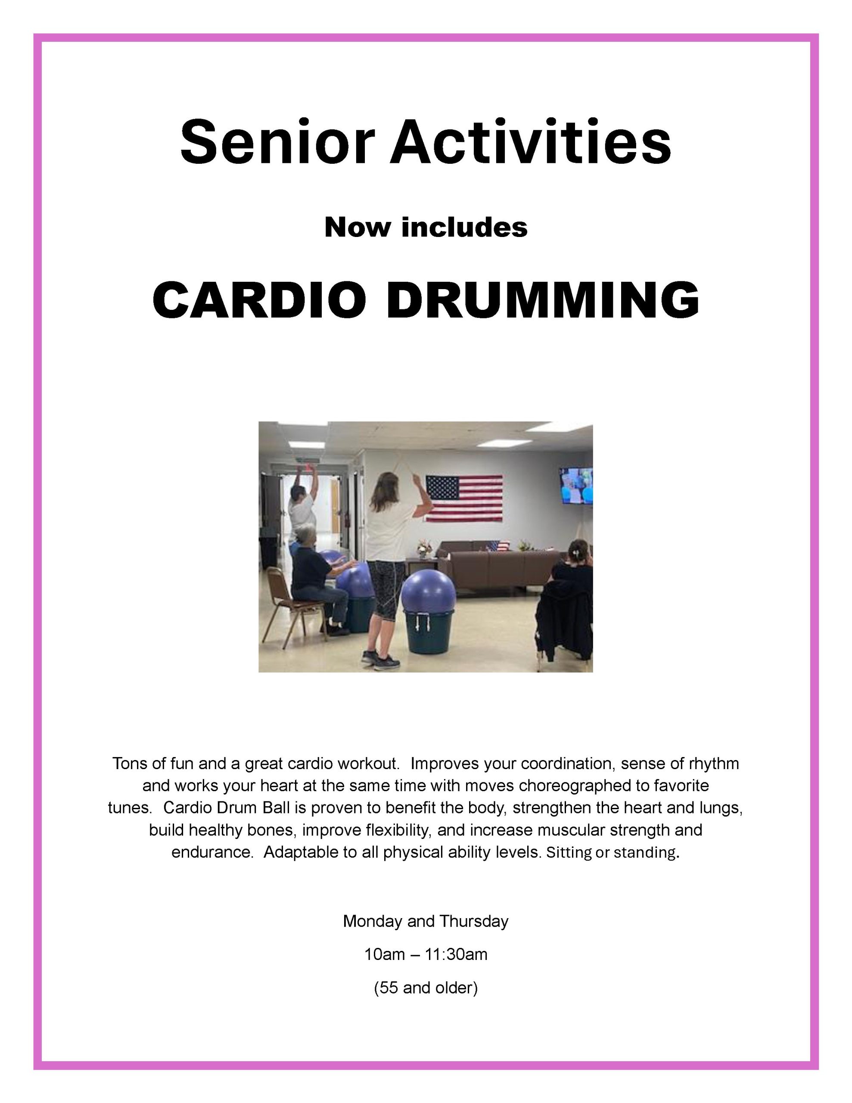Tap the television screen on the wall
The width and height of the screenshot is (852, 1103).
(576, 486)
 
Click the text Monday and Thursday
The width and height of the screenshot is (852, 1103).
(426, 922)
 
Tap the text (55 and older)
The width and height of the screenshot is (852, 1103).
(426, 988)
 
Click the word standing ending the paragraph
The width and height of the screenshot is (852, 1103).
(644, 853)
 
